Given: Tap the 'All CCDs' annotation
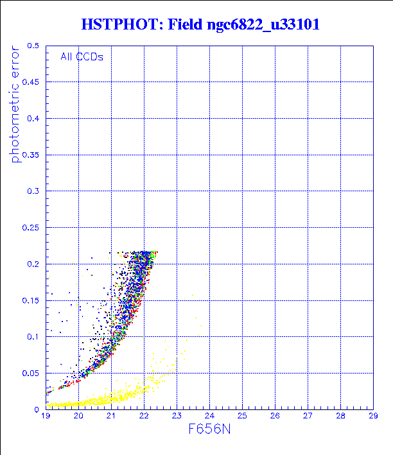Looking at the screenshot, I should coord(82,56).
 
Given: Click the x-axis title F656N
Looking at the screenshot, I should coord(209,431).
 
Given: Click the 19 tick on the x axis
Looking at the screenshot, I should coord(46,416).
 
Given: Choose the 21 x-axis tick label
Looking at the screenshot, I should coord(111,416).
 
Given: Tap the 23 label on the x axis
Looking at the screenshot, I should coord(177,416).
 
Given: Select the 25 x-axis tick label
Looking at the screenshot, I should coord(242,416).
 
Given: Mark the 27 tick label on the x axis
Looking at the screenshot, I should coord(308,416).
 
